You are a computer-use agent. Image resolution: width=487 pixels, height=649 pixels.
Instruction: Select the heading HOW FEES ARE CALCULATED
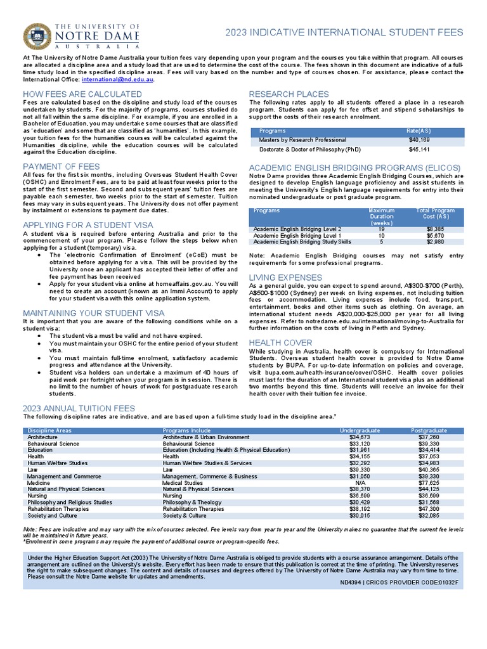[82, 94]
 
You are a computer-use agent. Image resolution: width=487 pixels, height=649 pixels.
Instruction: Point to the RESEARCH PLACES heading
[289, 94]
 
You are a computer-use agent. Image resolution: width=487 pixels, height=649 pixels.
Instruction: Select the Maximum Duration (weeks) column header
[381, 217]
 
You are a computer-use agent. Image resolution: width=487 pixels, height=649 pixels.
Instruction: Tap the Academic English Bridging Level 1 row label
[297, 235]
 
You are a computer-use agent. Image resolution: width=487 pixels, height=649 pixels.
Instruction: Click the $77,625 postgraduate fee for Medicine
[429, 483]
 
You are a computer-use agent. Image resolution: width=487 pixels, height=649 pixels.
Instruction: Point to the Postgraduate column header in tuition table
[429, 431]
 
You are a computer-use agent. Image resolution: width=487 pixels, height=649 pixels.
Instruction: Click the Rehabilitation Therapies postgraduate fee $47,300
[429, 508]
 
